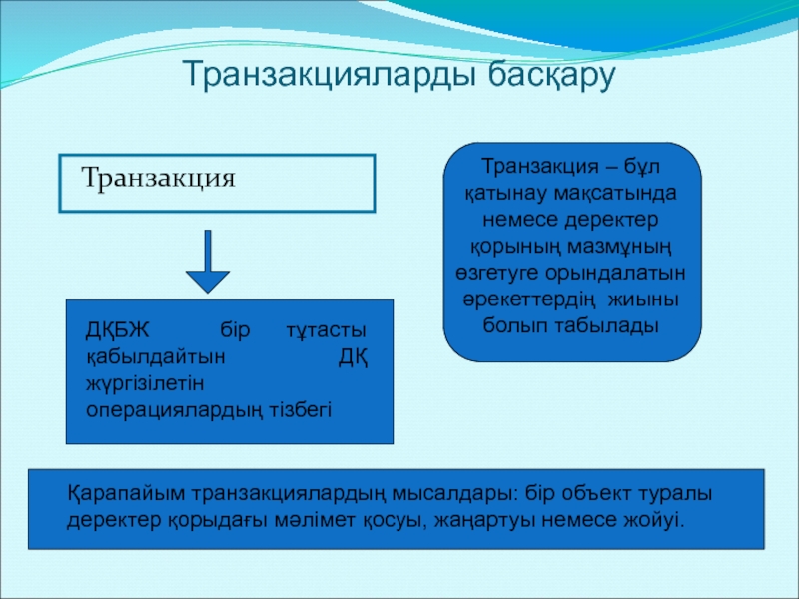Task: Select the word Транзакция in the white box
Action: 159,180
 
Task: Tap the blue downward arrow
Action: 208,262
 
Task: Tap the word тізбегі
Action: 304,409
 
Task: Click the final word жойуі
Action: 657,521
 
